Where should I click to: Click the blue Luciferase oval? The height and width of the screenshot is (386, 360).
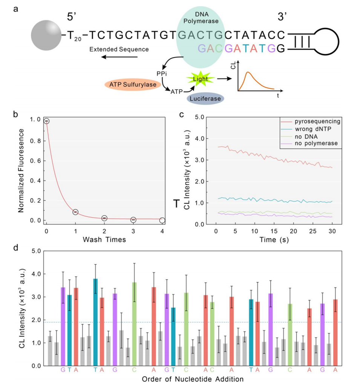(x=205, y=99)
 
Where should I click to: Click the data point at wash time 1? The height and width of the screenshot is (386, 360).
(x=75, y=212)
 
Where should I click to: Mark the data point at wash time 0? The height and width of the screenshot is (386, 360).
(x=46, y=121)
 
